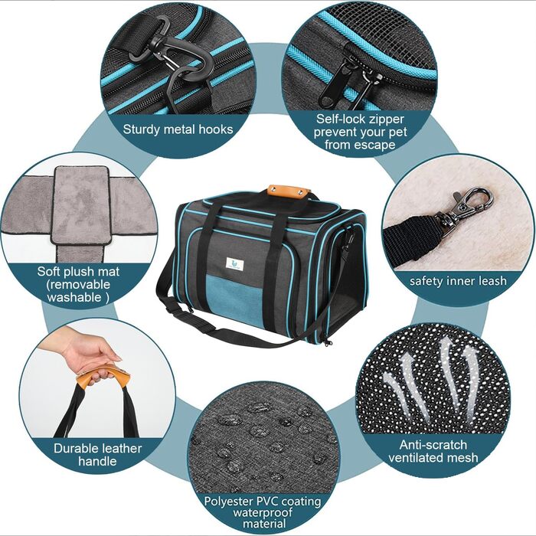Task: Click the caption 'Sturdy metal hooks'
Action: click(x=178, y=129)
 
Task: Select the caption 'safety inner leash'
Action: click(x=458, y=281)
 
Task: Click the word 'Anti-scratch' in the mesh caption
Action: click(x=433, y=445)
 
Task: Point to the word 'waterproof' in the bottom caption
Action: click(x=263, y=513)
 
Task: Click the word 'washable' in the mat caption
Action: click(x=74, y=297)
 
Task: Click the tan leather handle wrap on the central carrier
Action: click(x=287, y=191)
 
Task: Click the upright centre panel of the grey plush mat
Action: click(x=81, y=205)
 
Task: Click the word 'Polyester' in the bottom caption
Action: click(x=229, y=501)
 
